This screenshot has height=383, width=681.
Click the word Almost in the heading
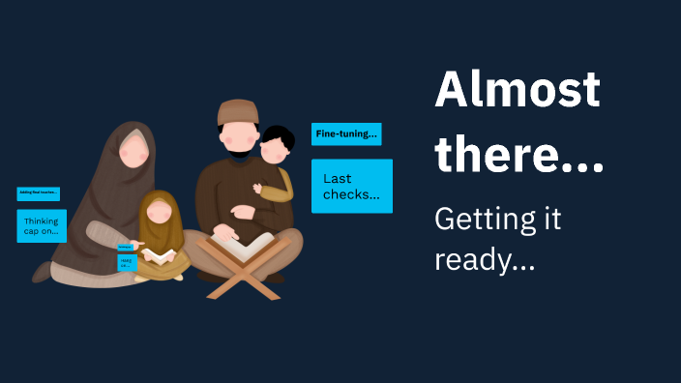coord(517,91)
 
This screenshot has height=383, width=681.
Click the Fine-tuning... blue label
coord(345,134)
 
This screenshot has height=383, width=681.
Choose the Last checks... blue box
coord(351,186)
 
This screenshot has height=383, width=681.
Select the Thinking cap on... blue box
coord(42,226)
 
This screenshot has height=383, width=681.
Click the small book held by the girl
coord(160,256)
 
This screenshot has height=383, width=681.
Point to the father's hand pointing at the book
coord(223,233)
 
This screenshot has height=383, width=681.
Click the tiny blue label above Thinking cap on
coord(39,193)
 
